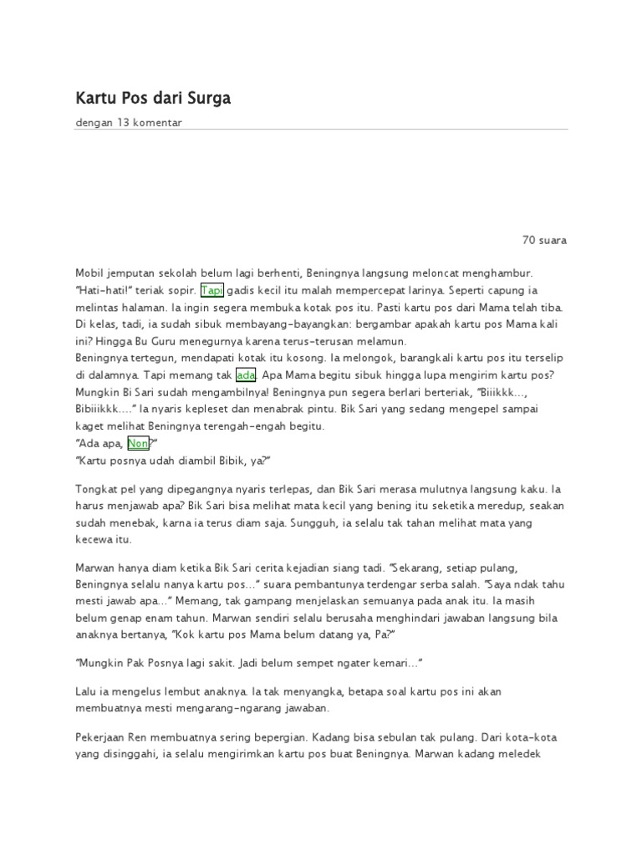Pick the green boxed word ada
point(247,374)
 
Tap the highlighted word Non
point(138,444)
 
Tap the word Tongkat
point(98,487)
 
